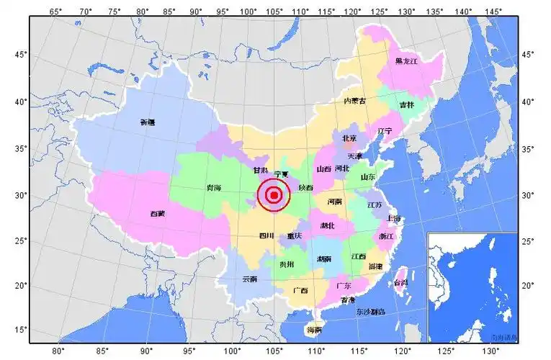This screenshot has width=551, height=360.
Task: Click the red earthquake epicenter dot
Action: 273,194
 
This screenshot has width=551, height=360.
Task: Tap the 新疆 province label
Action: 147,122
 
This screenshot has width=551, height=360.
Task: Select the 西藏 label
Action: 157,213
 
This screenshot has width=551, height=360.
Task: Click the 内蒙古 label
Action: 354,101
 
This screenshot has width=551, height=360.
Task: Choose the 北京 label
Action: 349,138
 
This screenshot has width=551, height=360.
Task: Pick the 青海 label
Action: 213,188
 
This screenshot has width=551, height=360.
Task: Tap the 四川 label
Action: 266,235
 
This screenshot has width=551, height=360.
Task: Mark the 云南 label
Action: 249,278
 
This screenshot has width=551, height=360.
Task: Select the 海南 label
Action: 314,330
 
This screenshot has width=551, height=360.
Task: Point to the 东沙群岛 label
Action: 370,312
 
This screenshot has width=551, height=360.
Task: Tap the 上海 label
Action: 393,218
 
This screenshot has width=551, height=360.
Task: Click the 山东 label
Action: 367,176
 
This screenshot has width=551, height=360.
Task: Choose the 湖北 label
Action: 328,225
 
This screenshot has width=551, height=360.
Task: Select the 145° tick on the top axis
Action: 493,12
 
